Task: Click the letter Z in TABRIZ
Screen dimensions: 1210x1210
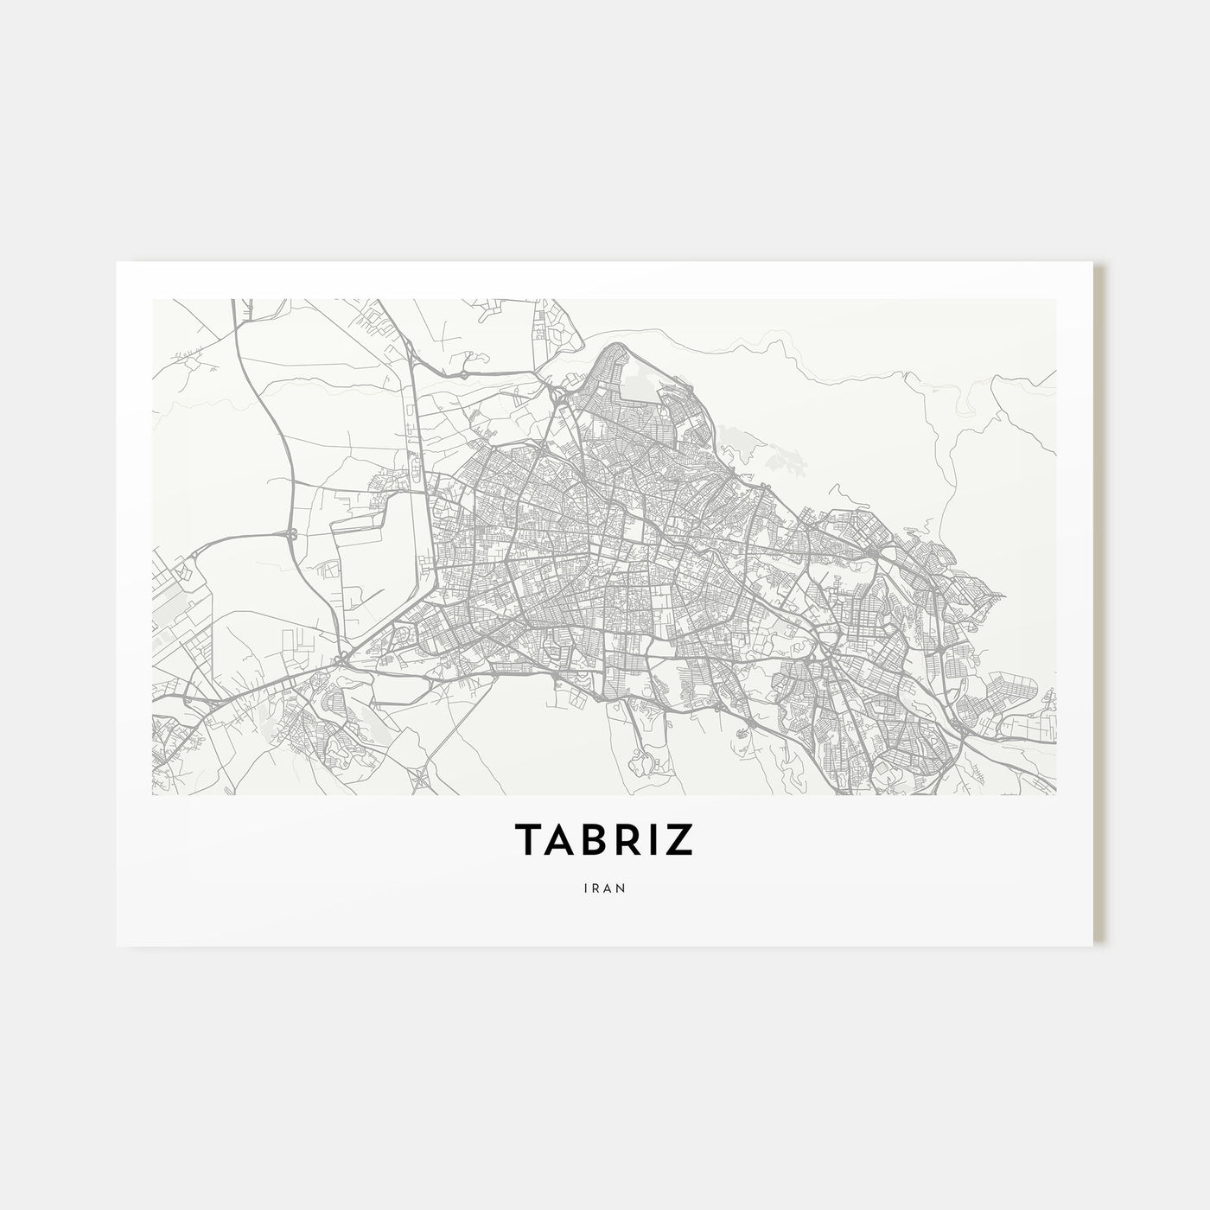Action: click(x=679, y=839)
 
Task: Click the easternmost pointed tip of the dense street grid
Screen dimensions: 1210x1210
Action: click(x=1003, y=596)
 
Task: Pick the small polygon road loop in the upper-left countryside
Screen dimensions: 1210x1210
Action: click(x=373, y=322)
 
